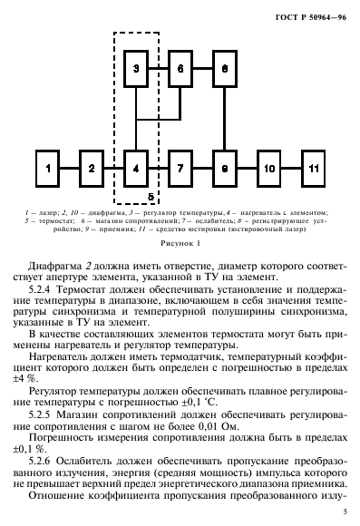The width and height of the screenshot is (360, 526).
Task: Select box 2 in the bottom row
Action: [x=91, y=169]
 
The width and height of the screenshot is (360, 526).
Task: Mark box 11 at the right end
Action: [x=313, y=169]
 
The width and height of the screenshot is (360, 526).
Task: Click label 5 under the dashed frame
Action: [x=152, y=196]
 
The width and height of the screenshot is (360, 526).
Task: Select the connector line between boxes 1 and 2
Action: [x=70, y=169]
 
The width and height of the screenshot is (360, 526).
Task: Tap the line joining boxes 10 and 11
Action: [x=291, y=169]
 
